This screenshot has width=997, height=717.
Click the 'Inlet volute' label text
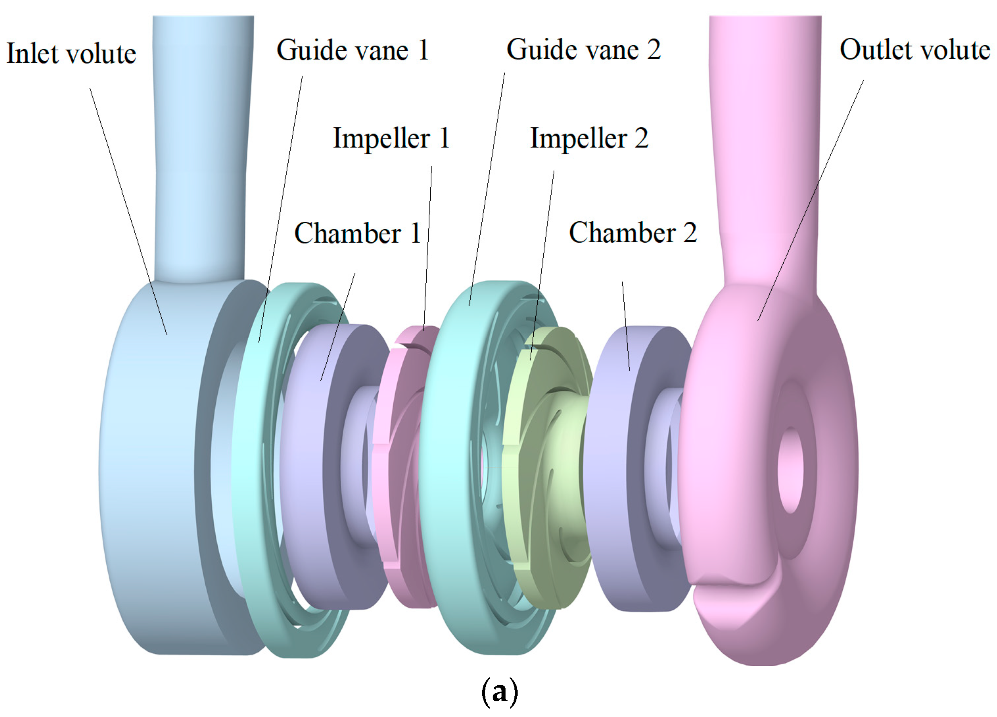(x=71, y=54)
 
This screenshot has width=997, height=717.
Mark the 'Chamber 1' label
(x=357, y=233)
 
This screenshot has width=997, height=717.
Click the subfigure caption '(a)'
(x=500, y=692)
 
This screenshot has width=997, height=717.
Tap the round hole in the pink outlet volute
(x=790, y=470)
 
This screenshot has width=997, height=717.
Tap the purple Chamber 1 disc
(x=308, y=466)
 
